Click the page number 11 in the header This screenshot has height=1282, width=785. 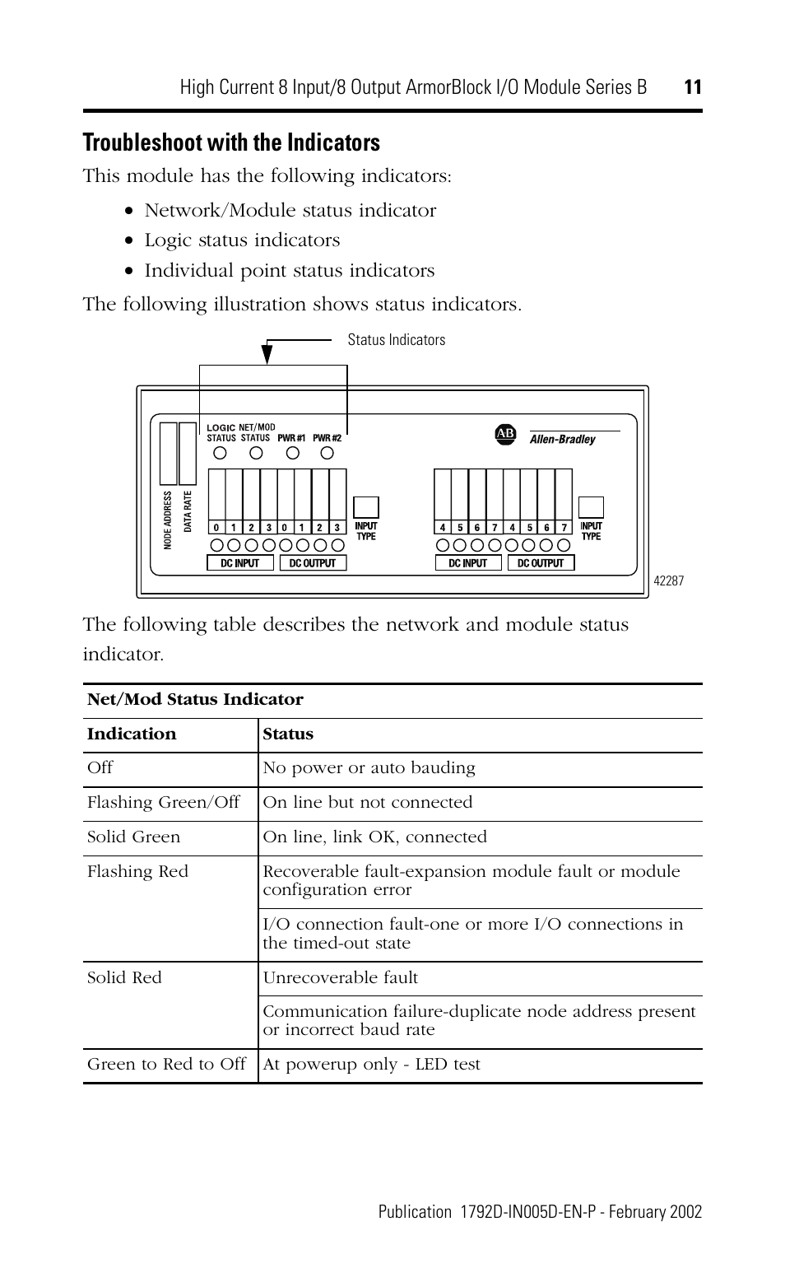(692, 87)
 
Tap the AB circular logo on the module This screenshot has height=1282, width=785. (504, 434)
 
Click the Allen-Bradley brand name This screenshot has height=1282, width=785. (562, 440)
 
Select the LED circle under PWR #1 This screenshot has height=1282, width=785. (292, 454)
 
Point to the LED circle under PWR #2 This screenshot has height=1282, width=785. (327, 454)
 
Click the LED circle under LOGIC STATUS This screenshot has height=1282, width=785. (221, 454)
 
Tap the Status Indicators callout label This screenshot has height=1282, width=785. (396, 340)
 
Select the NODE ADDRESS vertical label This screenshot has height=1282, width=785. (167, 520)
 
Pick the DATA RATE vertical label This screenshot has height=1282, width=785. (188, 511)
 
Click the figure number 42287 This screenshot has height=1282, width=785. (668, 580)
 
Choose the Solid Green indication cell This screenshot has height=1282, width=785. (133, 837)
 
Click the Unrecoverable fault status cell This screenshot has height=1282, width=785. (340, 978)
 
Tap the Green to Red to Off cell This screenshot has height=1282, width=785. (166, 1065)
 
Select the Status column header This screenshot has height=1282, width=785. (288, 734)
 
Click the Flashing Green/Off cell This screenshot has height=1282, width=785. (163, 803)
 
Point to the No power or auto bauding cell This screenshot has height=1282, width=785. (369, 768)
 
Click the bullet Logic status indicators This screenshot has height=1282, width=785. (242, 240)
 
